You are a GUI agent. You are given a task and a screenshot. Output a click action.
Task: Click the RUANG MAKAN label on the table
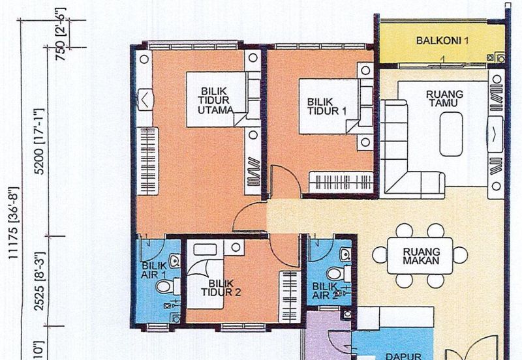coord(420,255)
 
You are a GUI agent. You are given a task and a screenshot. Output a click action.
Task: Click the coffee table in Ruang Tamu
coord(451,134)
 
